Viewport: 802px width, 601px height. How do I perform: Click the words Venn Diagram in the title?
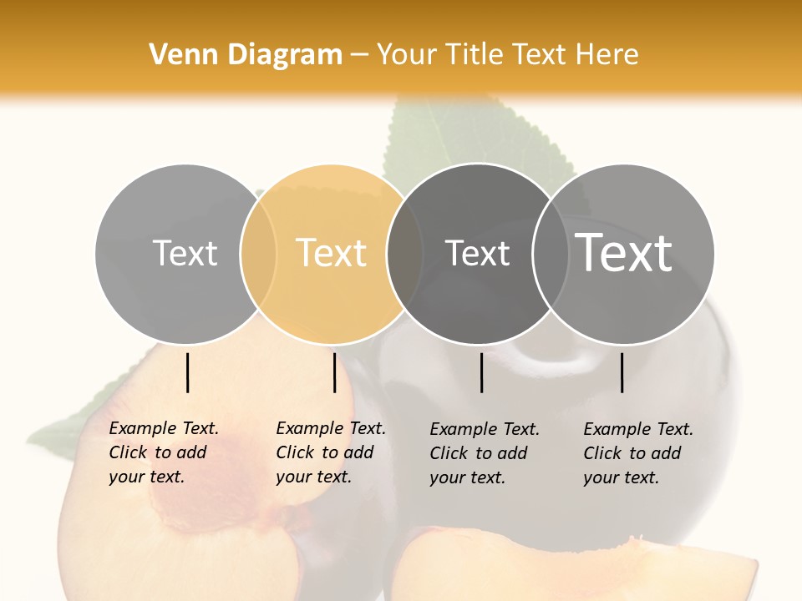246,55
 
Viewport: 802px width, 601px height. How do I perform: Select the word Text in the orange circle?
332,253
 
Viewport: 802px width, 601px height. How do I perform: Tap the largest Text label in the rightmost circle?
624,253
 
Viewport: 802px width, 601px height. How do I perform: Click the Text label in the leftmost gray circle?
185,253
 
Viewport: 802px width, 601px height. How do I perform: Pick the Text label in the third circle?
477,253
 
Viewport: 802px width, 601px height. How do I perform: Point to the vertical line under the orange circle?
334,372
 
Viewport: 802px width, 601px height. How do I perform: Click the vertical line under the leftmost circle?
187,372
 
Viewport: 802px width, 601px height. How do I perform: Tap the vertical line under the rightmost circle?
622,372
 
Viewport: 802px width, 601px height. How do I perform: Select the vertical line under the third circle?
482,372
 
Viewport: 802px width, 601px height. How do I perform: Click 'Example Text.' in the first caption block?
164,428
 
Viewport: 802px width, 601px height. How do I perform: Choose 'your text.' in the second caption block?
313,477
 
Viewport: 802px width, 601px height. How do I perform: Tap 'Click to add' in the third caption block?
479,453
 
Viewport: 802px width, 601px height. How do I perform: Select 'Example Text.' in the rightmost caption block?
638,429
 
